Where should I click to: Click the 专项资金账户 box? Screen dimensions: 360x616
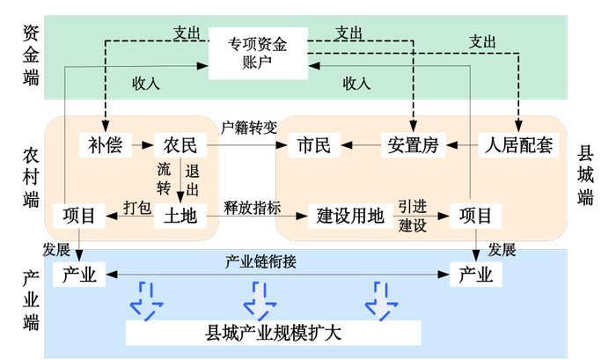point(260,52)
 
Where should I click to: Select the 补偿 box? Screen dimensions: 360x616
point(106,145)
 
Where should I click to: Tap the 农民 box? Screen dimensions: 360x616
point(180,145)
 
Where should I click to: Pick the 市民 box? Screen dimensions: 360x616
point(314,145)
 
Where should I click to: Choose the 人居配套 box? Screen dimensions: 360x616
point(518,145)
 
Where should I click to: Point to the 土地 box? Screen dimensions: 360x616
point(180,215)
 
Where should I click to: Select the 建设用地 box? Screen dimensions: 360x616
point(350,215)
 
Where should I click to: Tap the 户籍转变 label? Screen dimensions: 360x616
point(248,126)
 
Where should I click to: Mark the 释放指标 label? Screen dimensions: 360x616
point(253,207)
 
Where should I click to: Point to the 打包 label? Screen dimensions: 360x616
point(136,207)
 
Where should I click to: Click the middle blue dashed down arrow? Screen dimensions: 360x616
point(260,300)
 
